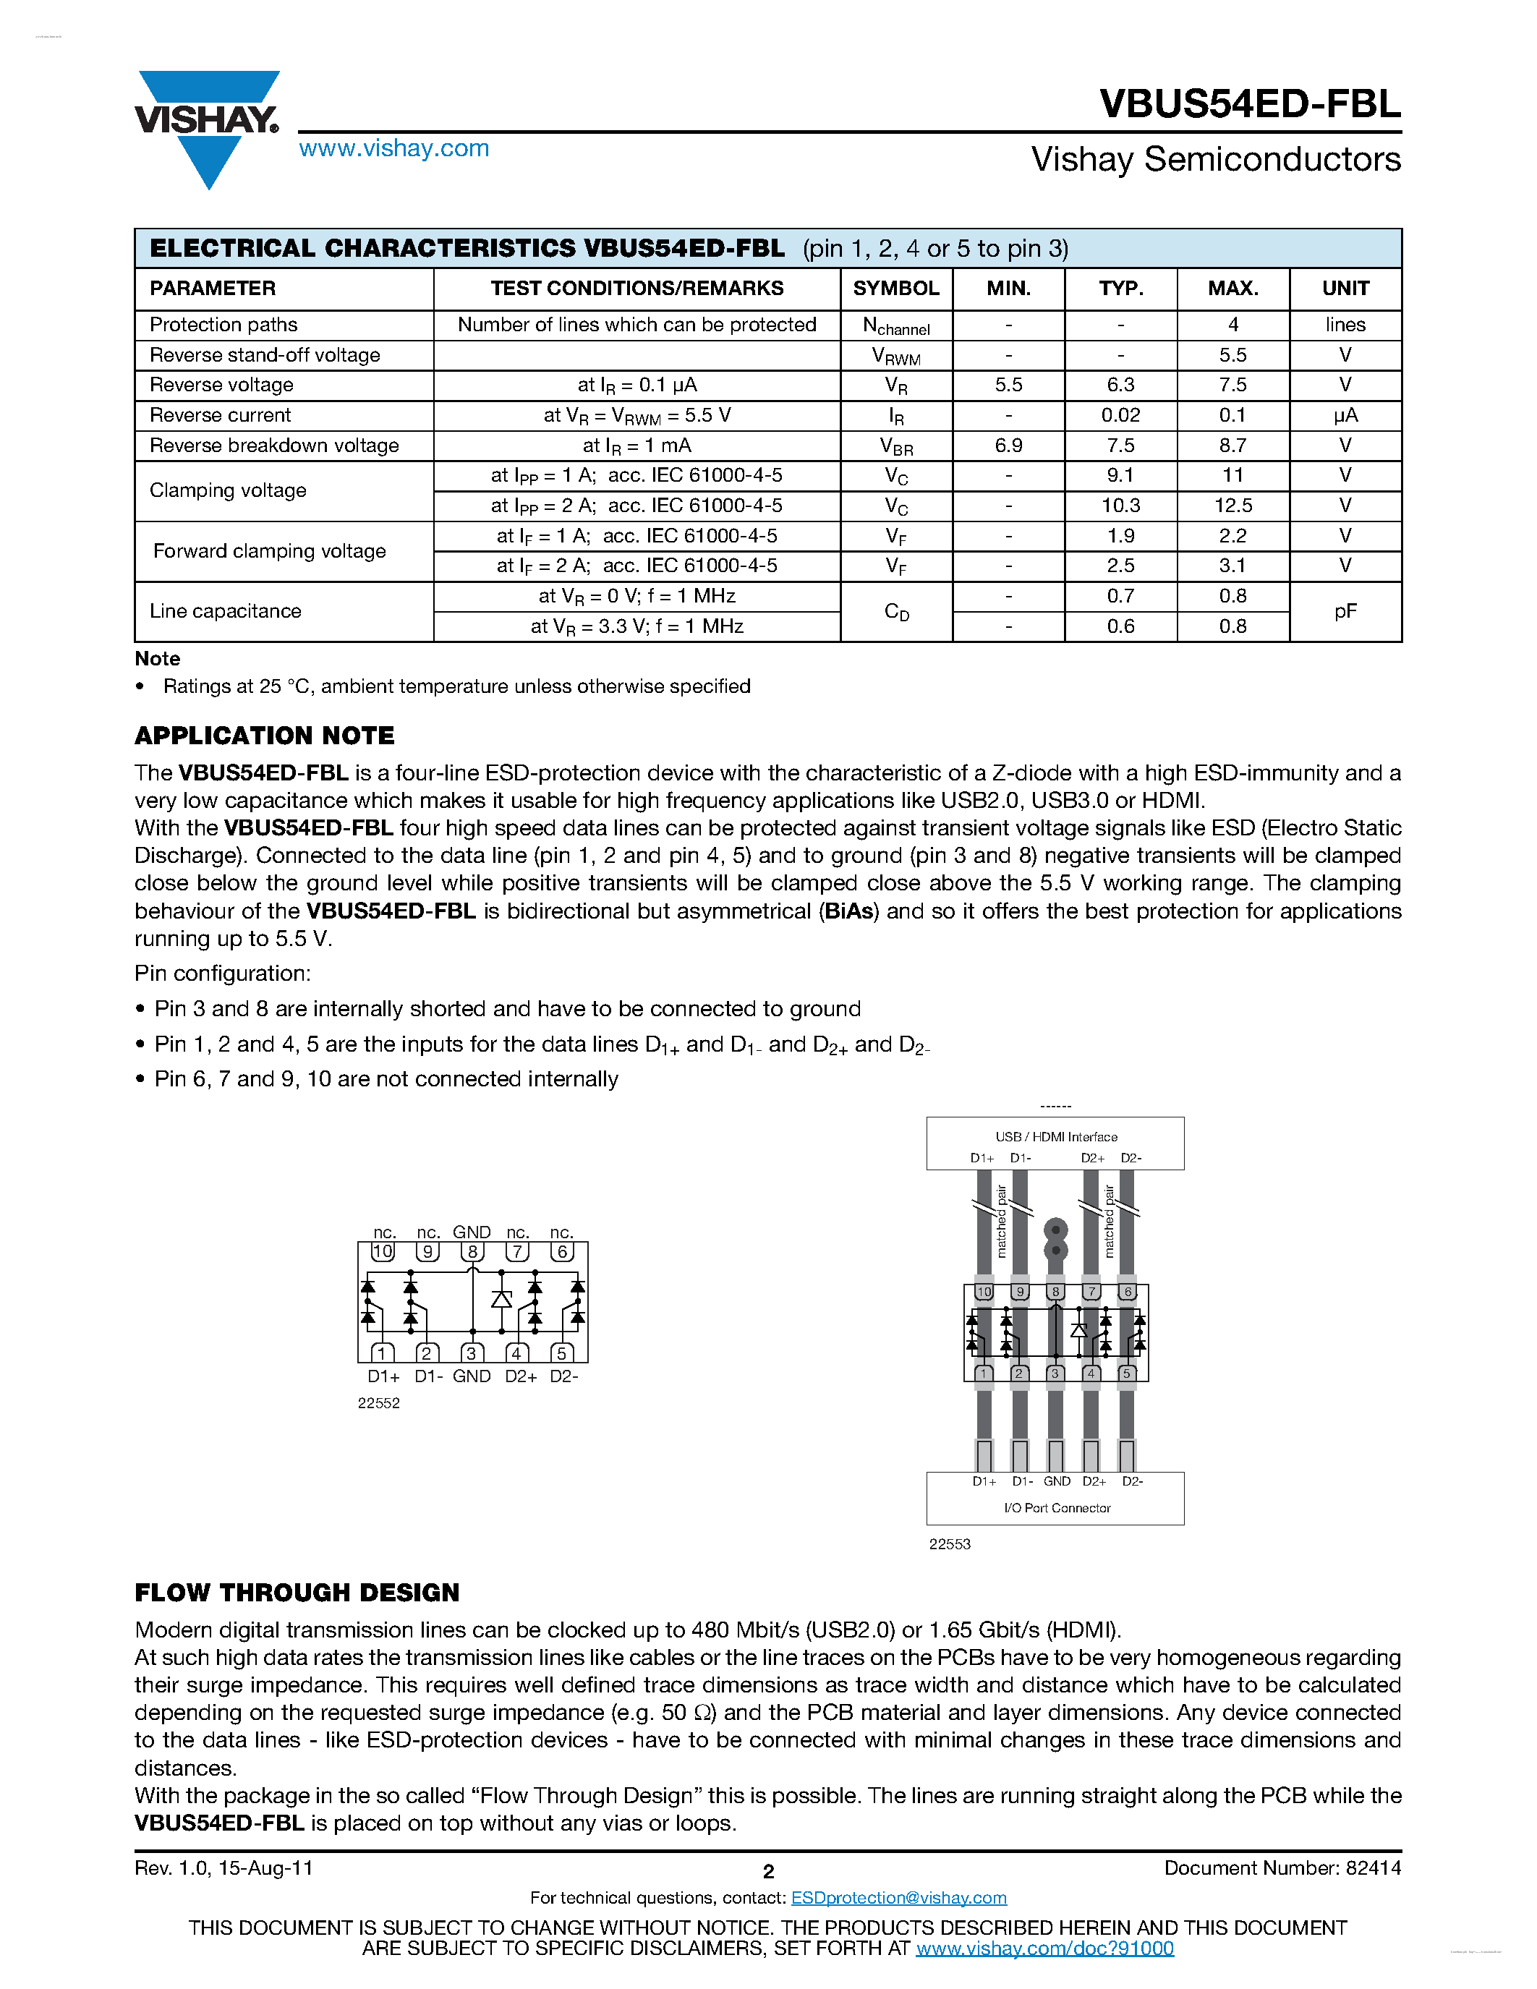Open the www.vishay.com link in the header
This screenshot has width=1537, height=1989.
(x=393, y=148)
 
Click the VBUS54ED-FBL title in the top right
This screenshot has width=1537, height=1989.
(x=1249, y=104)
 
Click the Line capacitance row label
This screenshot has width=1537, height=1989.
(x=225, y=611)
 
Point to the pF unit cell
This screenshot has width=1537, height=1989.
(x=1345, y=611)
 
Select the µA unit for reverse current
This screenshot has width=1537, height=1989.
(x=1345, y=415)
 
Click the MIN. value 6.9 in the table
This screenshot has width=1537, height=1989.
(x=1008, y=446)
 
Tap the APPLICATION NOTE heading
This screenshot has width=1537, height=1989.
(x=264, y=735)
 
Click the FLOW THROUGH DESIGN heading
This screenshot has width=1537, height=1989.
(x=297, y=1592)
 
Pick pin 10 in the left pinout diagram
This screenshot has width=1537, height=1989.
(x=383, y=1251)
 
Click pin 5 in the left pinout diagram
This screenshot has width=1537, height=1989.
(x=562, y=1353)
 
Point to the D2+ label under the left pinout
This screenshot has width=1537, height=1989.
(x=521, y=1376)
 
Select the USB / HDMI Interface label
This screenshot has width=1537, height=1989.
(x=1055, y=1136)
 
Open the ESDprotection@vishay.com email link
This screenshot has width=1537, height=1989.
(x=899, y=1898)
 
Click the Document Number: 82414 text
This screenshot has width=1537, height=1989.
(x=1282, y=1868)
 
